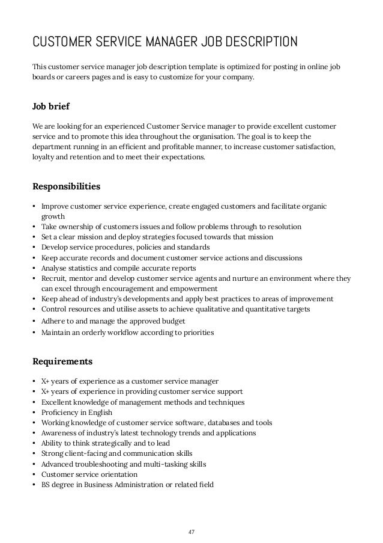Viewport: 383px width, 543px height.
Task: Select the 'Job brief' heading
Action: (50, 107)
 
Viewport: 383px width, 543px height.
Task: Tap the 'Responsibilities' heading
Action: (66, 186)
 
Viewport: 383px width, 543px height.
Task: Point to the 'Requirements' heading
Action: (62, 361)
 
